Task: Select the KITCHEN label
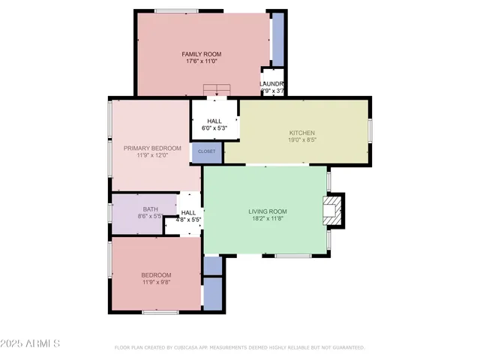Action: (x=302, y=133)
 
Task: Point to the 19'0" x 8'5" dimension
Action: (x=302, y=139)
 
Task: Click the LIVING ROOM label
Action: (x=268, y=211)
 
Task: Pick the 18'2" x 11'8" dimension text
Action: (x=268, y=219)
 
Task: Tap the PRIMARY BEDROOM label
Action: (x=152, y=148)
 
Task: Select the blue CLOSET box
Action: (x=207, y=151)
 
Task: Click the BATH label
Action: (x=150, y=209)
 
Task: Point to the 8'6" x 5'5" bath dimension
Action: (x=150, y=217)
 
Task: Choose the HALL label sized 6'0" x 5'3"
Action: (x=214, y=121)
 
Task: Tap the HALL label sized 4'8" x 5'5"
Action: (x=188, y=213)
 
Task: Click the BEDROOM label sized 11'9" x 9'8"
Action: (x=156, y=274)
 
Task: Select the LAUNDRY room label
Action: (x=272, y=83)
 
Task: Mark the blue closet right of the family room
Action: (x=277, y=39)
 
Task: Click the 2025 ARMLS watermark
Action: (x=31, y=343)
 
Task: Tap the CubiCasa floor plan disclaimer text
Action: (x=239, y=348)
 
